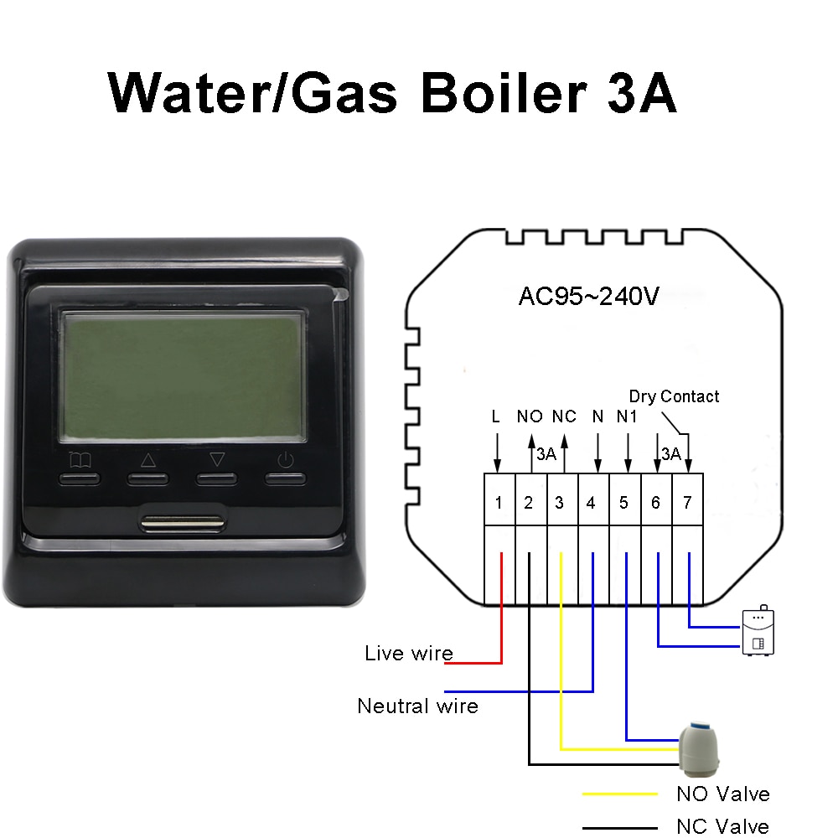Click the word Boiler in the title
(x=504, y=93)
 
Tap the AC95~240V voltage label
(x=589, y=296)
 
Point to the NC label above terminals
(x=564, y=416)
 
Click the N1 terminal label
(x=627, y=416)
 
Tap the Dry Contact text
(x=674, y=396)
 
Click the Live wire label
(x=409, y=653)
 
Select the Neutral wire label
(x=417, y=706)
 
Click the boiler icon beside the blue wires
(x=758, y=631)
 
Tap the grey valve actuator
(x=699, y=748)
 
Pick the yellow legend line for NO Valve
(x=620, y=794)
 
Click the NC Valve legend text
(x=722, y=826)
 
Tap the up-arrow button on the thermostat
(x=148, y=478)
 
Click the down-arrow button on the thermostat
(x=216, y=478)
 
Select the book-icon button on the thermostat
(x=79, y=478)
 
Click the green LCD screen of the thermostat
(x=183, y=376)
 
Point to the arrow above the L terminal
(x=498, y=453)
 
